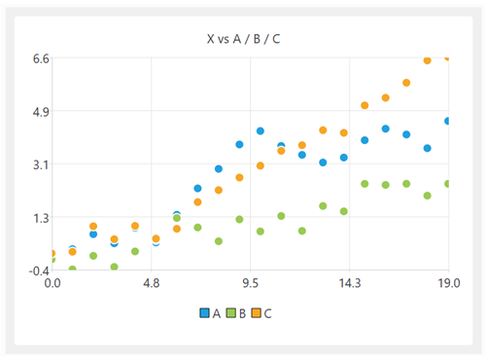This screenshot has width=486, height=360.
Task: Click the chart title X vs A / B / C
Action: pyautogui.click(x=243, y=38)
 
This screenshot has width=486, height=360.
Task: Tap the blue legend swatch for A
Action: pyautogui.click(x=205, y=313)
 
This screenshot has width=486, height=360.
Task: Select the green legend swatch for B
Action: pyautogui.click(x=231, y=313)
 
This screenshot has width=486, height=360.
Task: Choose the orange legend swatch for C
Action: pyautogui.click(x=258, y=313)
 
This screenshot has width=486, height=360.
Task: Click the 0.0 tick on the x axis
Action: pyautogui.click(x=52, y=284)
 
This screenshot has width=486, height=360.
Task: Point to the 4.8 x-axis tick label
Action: pyautogui.click(x=151, y=284)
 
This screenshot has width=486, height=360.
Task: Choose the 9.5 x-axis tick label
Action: pyautogui.click(x=250, y=284)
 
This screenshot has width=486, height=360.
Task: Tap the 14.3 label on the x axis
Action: pyautogui.click(x=348, y=284)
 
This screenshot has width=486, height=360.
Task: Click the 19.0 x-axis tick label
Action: pyautogui.click(x=447, y=284)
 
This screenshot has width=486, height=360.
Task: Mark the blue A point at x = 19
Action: pyautogui.click(x=447, y=121)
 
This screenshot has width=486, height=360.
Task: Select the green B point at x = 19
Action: pyautogui.click(x=447, y=184)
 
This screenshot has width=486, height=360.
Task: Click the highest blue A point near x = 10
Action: pyautogui.click(x=260, y=130)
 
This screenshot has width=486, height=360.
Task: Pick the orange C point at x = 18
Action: pyautogui.click(x=427, y=60)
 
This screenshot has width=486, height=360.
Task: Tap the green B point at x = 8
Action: pyautogui.click(x=219, y=241)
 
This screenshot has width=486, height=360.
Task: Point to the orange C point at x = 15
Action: pyautogui.click(x=364, y=105)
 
